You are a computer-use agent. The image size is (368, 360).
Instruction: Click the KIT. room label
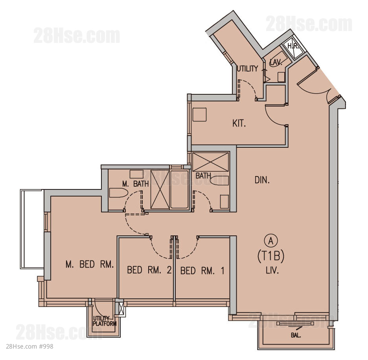point(239,123)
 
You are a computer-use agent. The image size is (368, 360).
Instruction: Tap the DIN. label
point(262,180)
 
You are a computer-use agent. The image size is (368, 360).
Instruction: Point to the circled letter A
point(271,241)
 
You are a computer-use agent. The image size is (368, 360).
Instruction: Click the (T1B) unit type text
point(271,256)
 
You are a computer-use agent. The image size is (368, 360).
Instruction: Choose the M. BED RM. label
point(90,264)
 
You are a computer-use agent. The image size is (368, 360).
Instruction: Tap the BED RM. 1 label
point(202,271)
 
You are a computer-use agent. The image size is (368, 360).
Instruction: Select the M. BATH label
point(135,184)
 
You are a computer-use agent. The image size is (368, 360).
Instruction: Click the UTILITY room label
point(247,69)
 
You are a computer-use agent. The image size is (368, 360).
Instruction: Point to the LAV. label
point(276,62)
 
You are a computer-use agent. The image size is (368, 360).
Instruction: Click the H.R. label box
point(293,46)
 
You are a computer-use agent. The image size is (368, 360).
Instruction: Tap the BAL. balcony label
point(296,335)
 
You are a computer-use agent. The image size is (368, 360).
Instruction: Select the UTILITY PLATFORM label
point(105,321)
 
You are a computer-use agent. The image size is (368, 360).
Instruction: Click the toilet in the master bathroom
point(118,193)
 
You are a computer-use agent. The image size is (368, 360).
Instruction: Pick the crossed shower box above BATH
point(210,162)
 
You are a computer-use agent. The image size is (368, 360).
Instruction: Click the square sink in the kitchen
point(199,114)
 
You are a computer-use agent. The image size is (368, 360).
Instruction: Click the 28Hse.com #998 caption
point(29,346)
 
